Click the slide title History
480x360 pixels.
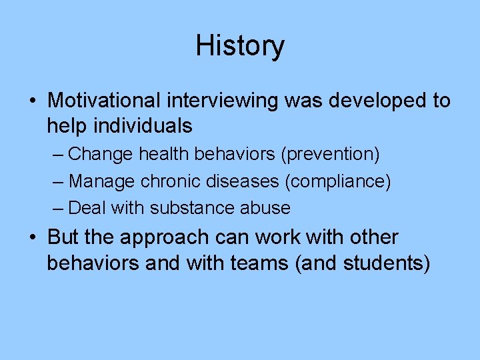[x=240, y=45]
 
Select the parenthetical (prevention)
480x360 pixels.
[x=330, y=155]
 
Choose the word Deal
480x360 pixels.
[x=88, y=208]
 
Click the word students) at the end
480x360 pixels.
[x=386, y=263]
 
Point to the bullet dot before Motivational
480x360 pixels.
[x=33, y=101]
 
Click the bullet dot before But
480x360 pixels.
[x=33, y=238]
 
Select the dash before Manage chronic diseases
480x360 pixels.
[x=59, y=181]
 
